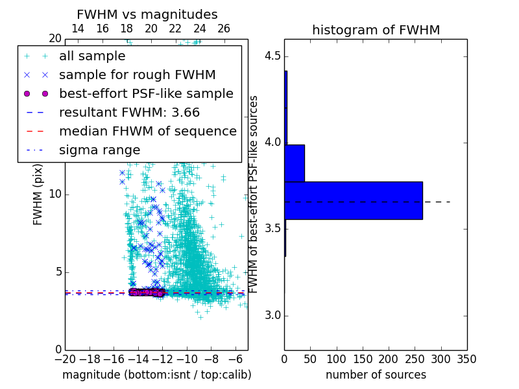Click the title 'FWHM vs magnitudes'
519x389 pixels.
coord(147,15)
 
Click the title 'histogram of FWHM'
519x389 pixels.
coord(376,30)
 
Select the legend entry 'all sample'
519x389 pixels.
coord(92,56)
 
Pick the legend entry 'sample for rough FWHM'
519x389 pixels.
coord(137,75)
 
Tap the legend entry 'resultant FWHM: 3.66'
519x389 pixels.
coord(129,112)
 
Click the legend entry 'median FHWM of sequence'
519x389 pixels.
coord(147,131)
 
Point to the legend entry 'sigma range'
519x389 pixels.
coord(99,150)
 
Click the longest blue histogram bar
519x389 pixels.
coord(353,200)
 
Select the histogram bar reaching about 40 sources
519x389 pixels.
coord(295,163)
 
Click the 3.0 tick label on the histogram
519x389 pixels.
coord(272,316)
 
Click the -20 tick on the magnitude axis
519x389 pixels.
coord(65,359)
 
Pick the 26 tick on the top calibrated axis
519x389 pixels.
coord(224,29)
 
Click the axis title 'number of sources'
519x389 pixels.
coord(376,375)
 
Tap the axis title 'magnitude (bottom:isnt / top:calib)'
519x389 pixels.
coord(157,375)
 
